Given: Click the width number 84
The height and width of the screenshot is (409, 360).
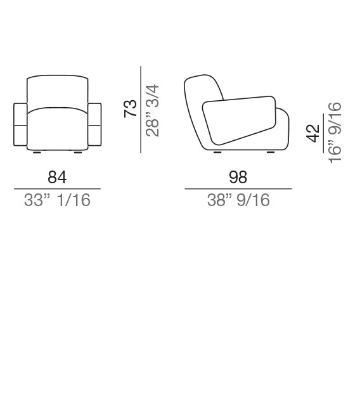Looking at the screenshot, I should click(57, 177).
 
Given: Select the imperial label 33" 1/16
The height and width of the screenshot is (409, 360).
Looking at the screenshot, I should click(57, 200).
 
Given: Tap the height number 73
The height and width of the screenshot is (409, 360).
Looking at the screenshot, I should click(130, 108).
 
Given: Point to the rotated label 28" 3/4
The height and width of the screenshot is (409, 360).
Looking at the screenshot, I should click(152, 110).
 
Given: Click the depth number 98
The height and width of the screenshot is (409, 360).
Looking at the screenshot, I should click(238, 177).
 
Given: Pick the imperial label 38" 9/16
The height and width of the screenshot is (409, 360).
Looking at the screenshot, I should click(238, 200).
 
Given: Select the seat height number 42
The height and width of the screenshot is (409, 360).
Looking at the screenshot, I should click(312, 133).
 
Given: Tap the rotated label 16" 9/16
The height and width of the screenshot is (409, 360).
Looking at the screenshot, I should click(335, 133).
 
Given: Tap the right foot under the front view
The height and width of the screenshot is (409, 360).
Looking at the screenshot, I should click(77, 152).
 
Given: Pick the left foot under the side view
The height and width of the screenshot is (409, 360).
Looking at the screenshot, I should click(217, 152).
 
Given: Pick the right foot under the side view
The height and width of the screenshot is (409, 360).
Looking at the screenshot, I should click(270, 152).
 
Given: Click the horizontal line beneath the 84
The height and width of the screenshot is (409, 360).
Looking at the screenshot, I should click(57, 189).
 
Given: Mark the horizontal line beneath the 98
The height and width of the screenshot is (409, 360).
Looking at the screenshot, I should click(238, 189).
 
